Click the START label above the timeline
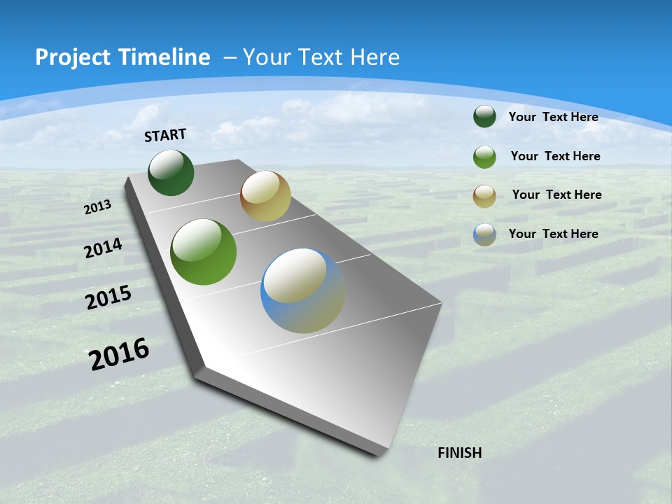[x=165, y=135]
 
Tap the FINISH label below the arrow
[x=459, y=453]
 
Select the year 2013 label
[x=97, y=207]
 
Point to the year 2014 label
[x=103, y=248]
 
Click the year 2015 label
[x=108, y=297]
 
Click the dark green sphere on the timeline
[x=171, y=173]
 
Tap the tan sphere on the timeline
[x=265, y=196]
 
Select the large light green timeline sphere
[x=203, y=252]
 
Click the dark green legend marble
[x=484, y=117]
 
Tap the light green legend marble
[x=484, y=157]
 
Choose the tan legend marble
[x=484, y=195]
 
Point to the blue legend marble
[x=484, y=234]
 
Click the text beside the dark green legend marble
[x=553, y=117]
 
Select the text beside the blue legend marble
[x=553, y=234]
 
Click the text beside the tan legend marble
[x=556, y=195]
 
